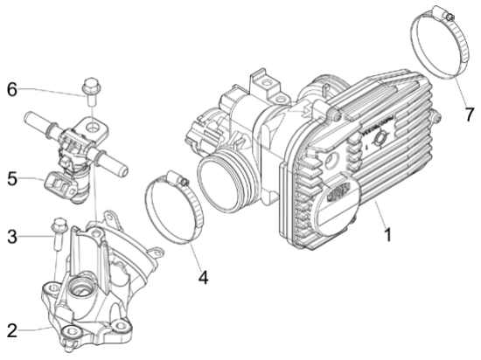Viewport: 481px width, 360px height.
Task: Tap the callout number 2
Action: click(11, 330)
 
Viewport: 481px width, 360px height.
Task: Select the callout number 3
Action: click(11, 235)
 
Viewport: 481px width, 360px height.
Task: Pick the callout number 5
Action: click(11, 179)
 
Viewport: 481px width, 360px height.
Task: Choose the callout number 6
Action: click(11, 89)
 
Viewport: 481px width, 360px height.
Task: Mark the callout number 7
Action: click(468, 114)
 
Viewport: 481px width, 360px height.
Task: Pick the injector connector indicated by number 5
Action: click(59, 186)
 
